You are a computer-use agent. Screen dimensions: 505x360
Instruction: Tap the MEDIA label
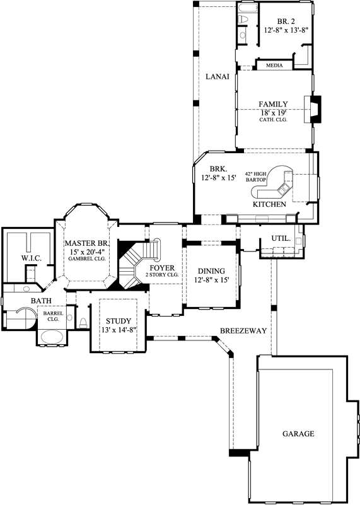click(274, 65)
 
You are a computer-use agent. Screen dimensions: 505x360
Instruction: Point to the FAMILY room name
click(273, 104)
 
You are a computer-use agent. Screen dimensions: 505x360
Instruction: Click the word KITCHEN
click(269, 205)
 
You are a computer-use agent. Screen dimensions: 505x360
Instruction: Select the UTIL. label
click(281, 239)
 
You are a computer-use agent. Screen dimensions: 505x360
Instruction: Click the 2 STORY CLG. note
click(161, 276)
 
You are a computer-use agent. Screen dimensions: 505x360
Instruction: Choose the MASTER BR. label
click(87, 243)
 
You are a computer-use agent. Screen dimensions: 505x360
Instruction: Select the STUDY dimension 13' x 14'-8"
click(118, 330)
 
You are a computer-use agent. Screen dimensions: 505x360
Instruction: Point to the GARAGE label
click(298, 434)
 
